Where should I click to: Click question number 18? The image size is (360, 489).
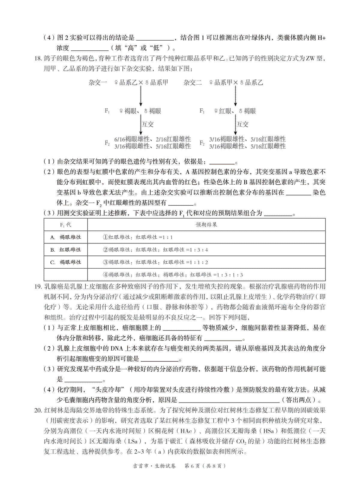pos(39,58)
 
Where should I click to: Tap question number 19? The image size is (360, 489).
pos(39,286)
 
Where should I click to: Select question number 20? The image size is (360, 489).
pos(39,410)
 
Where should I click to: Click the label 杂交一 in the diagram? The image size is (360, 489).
pos(97,83)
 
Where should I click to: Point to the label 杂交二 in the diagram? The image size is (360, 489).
pos(192,83)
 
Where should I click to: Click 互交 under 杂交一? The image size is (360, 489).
pos(148,124)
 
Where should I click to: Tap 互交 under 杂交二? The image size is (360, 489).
pos(243,124)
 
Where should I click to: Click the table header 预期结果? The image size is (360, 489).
pos(206,225)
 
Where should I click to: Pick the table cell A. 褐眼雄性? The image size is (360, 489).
pos(66,237)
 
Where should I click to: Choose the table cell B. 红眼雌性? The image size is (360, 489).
pos(66,250)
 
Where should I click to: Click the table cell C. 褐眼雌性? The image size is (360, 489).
pos(66,262)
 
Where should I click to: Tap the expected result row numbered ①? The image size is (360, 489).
pos(138,237)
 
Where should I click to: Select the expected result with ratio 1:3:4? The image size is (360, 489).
pos(155,250)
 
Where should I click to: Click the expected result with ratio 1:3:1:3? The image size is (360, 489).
pos(173,275)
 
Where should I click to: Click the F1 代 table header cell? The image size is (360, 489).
pos(66,225)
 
